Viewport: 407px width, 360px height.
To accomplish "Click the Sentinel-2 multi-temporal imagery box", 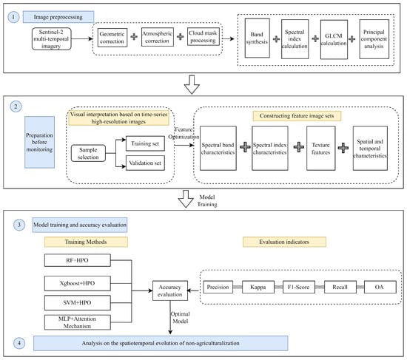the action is pos(51,39).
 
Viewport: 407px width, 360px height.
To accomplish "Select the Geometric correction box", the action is pos(112,38).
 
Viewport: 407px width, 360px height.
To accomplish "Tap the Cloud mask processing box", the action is pos(203,37).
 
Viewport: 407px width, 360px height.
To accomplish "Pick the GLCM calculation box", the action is pos(334,39).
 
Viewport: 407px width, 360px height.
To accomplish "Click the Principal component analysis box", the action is pos(374,39).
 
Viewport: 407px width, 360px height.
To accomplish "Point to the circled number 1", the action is pos(13,17).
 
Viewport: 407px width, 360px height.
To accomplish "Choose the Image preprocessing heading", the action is pos(58,17).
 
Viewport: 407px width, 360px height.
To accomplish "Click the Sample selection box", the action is pos(88,153).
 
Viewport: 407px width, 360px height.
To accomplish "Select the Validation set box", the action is pos(145,163).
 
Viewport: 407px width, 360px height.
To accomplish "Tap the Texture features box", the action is pos(321,149).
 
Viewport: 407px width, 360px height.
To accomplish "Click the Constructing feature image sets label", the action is pos(297,116).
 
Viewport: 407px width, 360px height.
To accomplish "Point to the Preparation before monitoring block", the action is pos(39,142).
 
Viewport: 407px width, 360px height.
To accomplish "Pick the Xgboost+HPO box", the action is pos(78,283).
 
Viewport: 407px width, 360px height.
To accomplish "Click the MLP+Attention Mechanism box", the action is pos(78,322).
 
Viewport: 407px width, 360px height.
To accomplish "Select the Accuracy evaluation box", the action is pos(170,291).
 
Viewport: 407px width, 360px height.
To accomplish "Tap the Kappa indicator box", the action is pos(258,287).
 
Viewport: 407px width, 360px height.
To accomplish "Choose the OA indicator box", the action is pos(380,287).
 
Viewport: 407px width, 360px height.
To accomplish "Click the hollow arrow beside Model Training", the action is pos(186,199).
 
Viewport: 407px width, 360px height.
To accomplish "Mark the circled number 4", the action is pos(19,343).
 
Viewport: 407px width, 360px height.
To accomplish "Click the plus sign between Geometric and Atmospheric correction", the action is pos(134,36).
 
